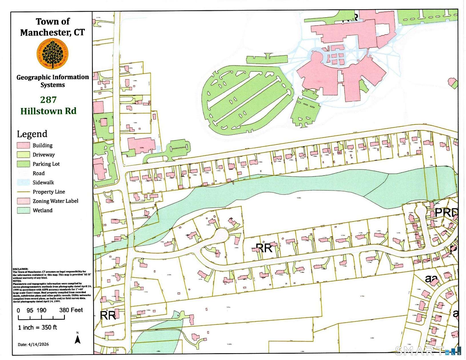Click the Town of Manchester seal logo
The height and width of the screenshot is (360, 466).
tap(53, 54)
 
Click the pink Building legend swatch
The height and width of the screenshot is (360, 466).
tap(23, 145)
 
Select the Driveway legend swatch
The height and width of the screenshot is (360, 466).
tap(23, 155)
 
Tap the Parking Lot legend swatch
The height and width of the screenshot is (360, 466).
tap(23, 164)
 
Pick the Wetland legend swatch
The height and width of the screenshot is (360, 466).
tap(23, 210)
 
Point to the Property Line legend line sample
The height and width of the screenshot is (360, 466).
tap(23, 192)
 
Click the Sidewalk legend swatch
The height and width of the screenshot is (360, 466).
tap(23, 182)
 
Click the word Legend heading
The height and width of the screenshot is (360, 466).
tap(32, 134)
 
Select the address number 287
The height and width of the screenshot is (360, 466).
tap(48, 100)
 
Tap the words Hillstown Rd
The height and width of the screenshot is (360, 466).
tap(48, 111)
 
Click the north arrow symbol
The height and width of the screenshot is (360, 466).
tap(77, 339)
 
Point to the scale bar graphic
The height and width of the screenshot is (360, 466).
tap(41, 317)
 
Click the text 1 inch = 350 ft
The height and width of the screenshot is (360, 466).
tap(37, 327)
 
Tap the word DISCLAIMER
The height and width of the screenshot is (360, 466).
tap(21, 269)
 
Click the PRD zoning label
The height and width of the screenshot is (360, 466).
tap(446, 213)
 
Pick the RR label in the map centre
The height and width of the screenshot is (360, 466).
tap(264, 248)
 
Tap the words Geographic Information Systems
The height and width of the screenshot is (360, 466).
tap(53, 81)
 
